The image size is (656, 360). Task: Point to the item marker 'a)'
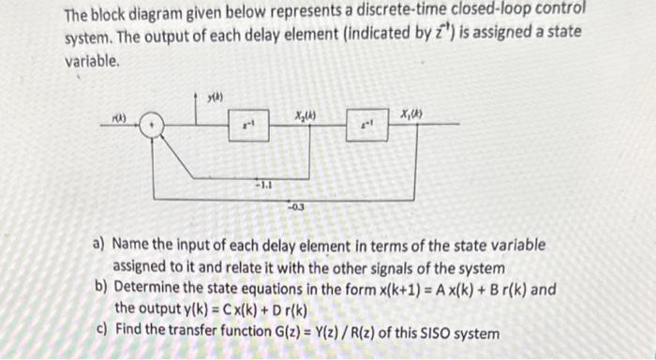pyautogui.click(x=97, y=245)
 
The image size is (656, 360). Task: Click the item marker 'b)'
pyautogui.click(x=98, y=289)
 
